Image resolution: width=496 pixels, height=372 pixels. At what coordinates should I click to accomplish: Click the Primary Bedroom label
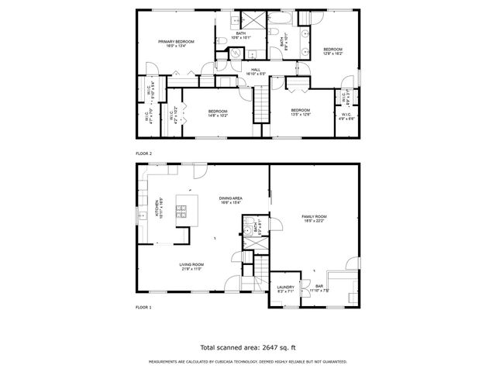[x=176, y=43]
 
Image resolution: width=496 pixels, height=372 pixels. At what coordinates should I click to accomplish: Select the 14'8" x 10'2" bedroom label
[x=218, y=113]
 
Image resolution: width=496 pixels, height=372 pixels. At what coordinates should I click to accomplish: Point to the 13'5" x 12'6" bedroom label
[x=300, y=112]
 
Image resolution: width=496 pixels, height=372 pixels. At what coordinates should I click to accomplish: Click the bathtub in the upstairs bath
[x=280, y=18]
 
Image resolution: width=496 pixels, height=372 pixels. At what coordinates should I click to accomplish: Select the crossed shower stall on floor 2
[x=253, y=19]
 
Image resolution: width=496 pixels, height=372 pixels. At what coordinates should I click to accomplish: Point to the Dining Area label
[x=231, y=201]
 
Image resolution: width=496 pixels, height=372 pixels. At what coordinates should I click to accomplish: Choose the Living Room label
[x=191, y=267]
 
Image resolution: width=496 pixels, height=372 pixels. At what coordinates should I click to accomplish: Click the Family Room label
[x=314, y=219]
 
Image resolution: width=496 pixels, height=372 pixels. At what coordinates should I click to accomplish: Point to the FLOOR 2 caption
[x=144, y=154]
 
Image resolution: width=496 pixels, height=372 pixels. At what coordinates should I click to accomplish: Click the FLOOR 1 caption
[x=144, y=308]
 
